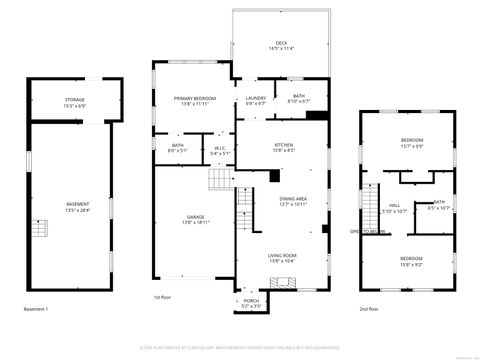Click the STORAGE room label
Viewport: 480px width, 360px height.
(75, 100)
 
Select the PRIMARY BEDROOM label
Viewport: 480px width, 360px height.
(195, 100)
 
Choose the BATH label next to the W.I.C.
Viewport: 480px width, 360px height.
(177, 148)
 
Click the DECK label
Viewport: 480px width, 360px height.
(283, 45)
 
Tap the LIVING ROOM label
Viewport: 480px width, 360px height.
(282, 258)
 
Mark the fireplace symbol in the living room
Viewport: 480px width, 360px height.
(285, 283)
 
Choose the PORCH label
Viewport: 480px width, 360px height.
(251, 303)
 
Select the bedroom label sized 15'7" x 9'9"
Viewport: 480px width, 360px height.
(412, 142)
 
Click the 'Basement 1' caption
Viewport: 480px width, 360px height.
(36, 309)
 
